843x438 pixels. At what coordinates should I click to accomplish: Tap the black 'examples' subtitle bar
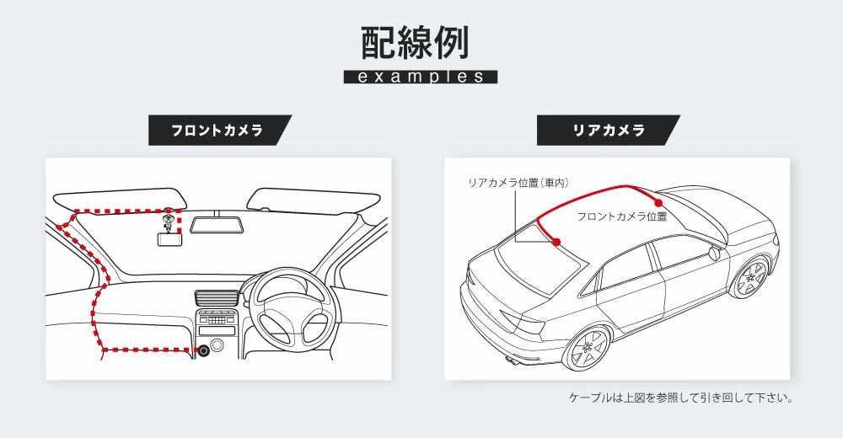(421, 77)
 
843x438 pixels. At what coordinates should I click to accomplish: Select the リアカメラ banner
(608, 131)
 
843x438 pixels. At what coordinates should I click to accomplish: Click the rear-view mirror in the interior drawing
(217, 225)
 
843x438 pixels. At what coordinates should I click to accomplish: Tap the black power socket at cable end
(203, 350)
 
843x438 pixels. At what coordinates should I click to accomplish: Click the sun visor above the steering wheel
(311, 201)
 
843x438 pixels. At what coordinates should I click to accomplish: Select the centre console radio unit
(215, 319)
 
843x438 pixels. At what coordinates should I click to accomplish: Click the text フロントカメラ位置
(621, 216)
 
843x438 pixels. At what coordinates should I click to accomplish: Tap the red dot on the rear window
(556, 243)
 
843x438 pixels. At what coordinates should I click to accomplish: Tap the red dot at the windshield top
(658, 202)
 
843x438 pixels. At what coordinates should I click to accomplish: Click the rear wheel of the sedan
(586, 346)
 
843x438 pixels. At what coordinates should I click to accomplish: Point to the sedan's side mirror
(714, 252)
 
